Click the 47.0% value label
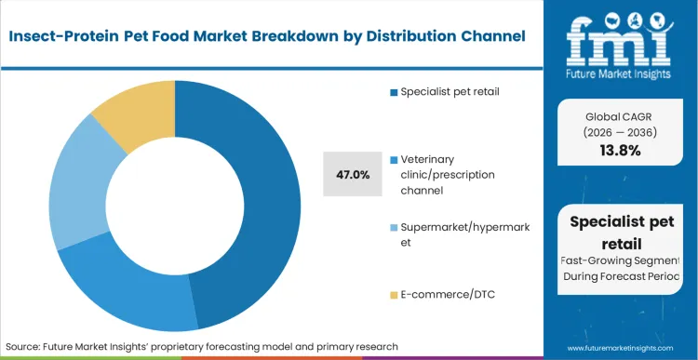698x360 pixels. coord(353,174)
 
